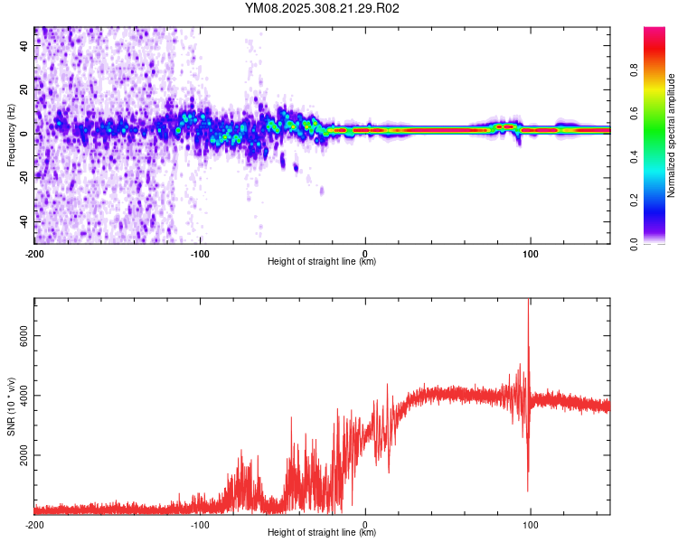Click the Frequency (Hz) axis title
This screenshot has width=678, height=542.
(x=11, y=135)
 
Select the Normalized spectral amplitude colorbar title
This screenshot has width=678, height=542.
(x=672, y=135)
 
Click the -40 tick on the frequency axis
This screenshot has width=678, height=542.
(x=24, y=221)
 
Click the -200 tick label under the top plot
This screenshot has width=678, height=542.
(x=34, y=253)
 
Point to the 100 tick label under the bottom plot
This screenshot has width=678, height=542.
(x=530, y=524)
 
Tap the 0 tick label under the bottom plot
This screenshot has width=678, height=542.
(x=365, y=524)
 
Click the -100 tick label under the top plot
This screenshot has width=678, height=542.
(x=200, y=253)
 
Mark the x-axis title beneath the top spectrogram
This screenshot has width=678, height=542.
(x=323, y=262)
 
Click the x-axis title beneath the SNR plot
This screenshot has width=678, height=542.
(x=323, y=533)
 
